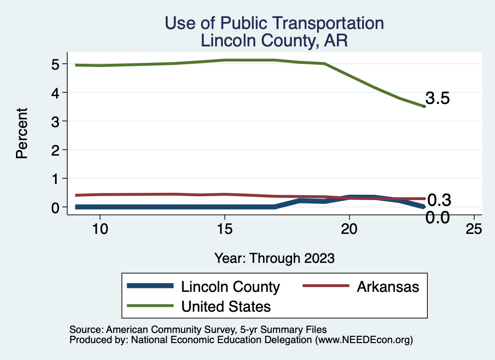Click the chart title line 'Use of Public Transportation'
[x=274, y=23]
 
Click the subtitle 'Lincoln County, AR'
[x=274, y=40]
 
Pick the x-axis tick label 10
[x=100, y=230]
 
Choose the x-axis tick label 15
[x=224, y=230]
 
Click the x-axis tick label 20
[x=349, y=230]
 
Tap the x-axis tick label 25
[x=474, y=230]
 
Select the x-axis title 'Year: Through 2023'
[x=274, y=258]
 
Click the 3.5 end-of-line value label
[x=438, y=99]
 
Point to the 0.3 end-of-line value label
[x=439, y=200]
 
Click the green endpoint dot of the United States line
[x=424, y=106]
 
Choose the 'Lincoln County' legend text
[x=230, y=287]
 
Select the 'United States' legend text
[x=226, y=306]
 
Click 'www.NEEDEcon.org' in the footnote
[x=364, y=340]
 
